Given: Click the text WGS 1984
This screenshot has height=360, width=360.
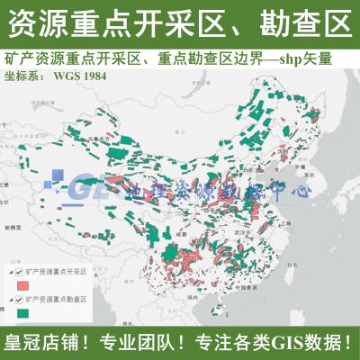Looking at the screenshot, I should click(85, 76).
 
